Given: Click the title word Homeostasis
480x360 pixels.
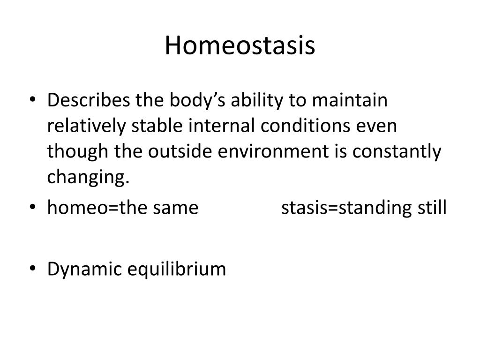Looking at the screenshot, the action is tap(240, 45).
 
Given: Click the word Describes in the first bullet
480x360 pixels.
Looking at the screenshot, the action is tap(89, 100).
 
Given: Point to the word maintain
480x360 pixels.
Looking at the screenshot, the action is tap(350, 100).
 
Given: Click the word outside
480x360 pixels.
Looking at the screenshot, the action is tap(180, 151).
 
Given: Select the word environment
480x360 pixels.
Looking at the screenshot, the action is tap(273, 152).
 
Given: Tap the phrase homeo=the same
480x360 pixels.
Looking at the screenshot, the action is tap(123, 208).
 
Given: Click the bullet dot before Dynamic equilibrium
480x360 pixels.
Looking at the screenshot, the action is tap(33, 268).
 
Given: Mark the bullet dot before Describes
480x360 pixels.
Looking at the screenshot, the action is tap(33, 99).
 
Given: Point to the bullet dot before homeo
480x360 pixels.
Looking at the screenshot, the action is tap(33, 207).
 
